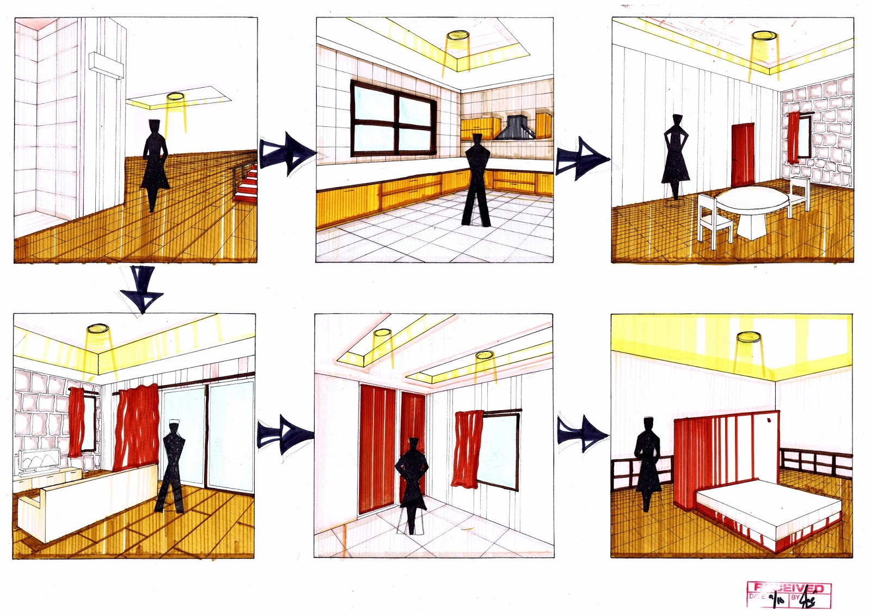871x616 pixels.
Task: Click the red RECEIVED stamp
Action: [x=789, y=594]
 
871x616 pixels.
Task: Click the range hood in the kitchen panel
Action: [x=515, y=129]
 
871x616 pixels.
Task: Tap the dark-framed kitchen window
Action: [x=393, y=119]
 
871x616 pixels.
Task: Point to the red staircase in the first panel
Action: [x=247, y=184]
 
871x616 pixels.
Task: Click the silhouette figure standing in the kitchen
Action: [x=476, y=180]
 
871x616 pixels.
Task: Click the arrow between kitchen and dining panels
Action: [x=580, y=158]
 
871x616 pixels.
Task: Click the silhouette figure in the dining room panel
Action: [x=676, y=155]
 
